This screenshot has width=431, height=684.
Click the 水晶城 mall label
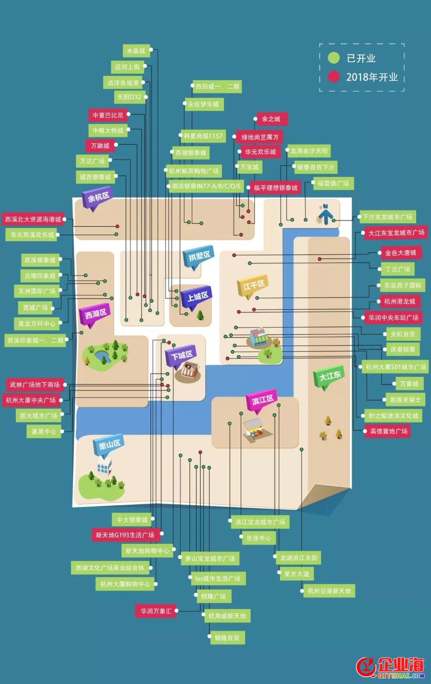pyautogui.click(x=136, y=51)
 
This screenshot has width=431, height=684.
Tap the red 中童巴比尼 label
pyautogui.click(x=108, y=115)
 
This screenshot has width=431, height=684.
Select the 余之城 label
pyautogui.click(x=271, y=119)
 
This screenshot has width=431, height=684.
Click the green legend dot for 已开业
pyautogui.click(x=334, y=58)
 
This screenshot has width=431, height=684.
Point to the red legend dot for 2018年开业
pyautogui.click(x=334, y=77)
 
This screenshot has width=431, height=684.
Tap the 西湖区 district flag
pyautogui.click(x=95, y=316)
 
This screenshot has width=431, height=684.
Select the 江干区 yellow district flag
pyautogui.click(x=253, y=286)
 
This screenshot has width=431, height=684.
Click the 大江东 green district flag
pyautogui.click(x=330, y=377)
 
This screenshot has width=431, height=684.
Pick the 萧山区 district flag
pyautogui.click(x=109, y=445)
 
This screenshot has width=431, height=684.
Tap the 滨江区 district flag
pyautogui.click(x=262, y=400)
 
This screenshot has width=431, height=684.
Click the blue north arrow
pyautogui.click(x=325, y=215)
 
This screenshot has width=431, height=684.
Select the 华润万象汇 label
pyautogui.click(x=156, y=611)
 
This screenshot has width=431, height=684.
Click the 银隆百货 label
pyautogui.click(x=227, y=638)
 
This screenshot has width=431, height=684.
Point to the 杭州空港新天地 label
pyautogui.click(x=329, y=591)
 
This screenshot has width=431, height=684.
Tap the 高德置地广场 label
pyautogui.click(x=389, y=431)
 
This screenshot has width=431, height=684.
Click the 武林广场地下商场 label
pyautogui.click(x=35, y=384)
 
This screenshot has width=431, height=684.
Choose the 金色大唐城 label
pyautogui.click(x=401, y=252)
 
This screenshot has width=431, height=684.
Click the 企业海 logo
pyautogui.click(x=390, y=667)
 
